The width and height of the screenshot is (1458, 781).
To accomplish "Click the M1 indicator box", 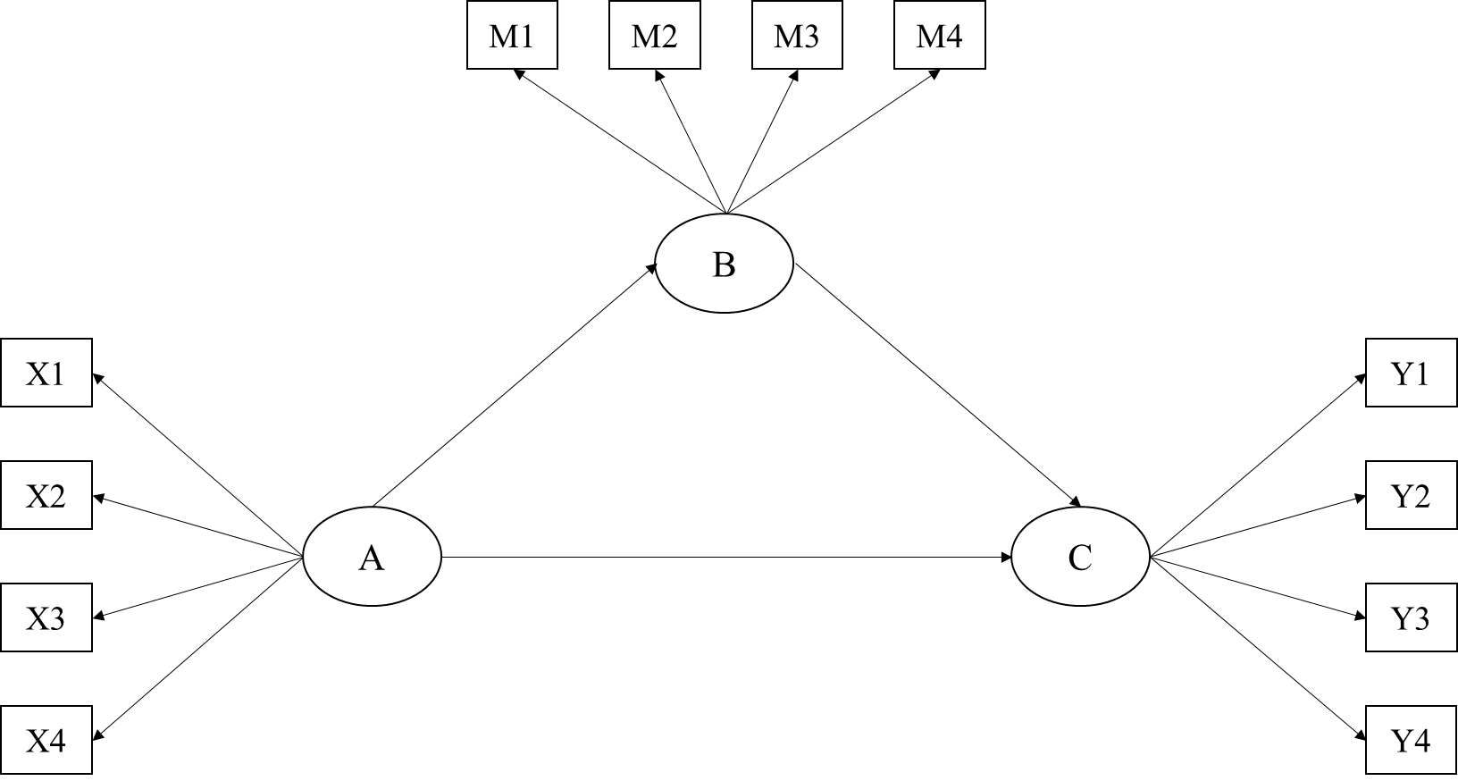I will click(512, 37).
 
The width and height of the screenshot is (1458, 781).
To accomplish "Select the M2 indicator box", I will click(654, 37).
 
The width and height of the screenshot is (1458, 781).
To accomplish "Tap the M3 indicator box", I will click(797, 37).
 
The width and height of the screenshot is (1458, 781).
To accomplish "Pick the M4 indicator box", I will click(939, 37).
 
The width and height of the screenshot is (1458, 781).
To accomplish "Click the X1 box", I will click(46, 373).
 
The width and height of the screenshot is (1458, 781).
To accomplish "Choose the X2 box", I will click(46, 495).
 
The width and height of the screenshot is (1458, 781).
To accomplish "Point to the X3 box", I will click(46, 617).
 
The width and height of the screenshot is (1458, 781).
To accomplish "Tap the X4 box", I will click(46, 740).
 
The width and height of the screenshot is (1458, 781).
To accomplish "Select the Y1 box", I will click(1412, 373).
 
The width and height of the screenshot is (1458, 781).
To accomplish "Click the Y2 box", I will click(1412, 495).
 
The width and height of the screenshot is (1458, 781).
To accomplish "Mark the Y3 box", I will click(1412, 617).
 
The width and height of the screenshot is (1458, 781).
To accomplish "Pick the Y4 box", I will click(1412, 740).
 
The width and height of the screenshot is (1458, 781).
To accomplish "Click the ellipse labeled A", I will click(372, 557).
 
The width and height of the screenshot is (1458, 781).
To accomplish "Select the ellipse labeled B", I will click(724, 264).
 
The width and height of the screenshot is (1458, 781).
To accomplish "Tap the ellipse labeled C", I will click(1079, 557).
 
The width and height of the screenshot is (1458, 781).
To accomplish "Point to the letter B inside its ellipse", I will click(724, 265).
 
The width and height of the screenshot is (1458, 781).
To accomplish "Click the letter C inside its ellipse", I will click(1079, 558).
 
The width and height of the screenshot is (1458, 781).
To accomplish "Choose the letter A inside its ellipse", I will click(372, 558).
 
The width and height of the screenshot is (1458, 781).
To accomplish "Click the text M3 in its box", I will click(796, 38).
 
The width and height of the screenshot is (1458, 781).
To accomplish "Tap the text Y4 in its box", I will click(1411, 741).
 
